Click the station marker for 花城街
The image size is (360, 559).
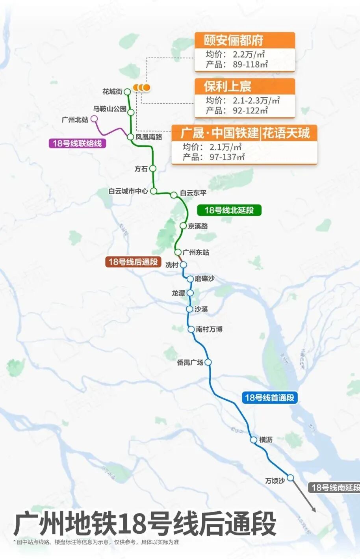tap(127, 92)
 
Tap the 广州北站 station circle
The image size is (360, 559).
tap(94, 119)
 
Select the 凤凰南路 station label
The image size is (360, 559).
tap(149, 137)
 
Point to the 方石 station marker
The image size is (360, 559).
tap(153, 169)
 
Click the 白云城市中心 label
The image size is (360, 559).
tap(128, 191)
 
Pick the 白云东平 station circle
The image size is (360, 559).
tap(174, 195)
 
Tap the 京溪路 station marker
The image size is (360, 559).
tap(183, 226)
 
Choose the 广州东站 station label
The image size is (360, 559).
tap(196, 252)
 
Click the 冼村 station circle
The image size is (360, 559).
tap(183, 265)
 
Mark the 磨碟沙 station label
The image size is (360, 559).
tap(204, 279)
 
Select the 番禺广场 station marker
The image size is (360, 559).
tap(208, 362)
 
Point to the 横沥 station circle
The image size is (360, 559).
tap(254, 440)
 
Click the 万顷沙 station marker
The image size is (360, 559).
tap(290, 478)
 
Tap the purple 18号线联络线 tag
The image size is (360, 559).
tap(77, 143)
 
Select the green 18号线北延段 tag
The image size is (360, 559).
tap(229, 210)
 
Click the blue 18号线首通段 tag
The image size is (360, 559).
tap(269, 397)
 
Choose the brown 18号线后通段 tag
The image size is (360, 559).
tap(133, 262)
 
